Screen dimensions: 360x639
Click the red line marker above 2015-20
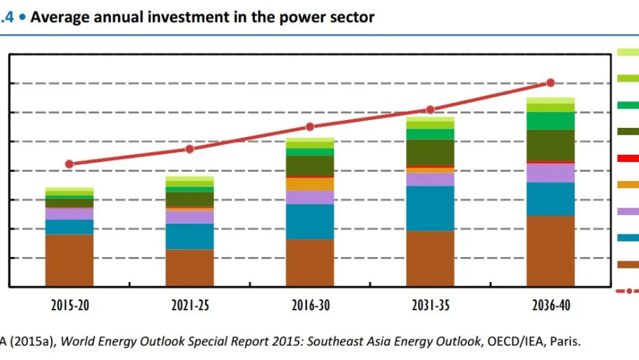(x=69, y=164)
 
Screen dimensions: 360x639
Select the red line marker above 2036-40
(x=550, y=83)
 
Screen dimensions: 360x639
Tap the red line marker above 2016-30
(x=310, y=127)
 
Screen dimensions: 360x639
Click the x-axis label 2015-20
(x=70, y=306)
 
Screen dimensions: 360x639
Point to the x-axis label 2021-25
(x=190, y=306)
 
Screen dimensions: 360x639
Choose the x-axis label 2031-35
(x=430, y=306)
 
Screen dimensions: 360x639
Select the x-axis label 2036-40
(x=550, y=306)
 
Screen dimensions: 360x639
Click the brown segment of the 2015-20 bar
(x=70, y=260)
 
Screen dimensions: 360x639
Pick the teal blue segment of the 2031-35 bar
(x=430, y=208)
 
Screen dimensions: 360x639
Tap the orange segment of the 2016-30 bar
(x=310, y=184)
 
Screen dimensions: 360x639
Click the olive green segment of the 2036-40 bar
(x=550, y=146)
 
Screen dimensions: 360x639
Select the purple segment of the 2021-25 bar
(x=190, y=217)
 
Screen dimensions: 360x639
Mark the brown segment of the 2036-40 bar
(x=550, y=251)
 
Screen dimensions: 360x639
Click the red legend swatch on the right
(x=628, y=158)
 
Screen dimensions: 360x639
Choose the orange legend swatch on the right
(x=628, y=185)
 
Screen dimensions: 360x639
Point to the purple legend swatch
(x=628, y=212)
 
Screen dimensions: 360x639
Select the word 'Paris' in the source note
(x=563, y=342)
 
